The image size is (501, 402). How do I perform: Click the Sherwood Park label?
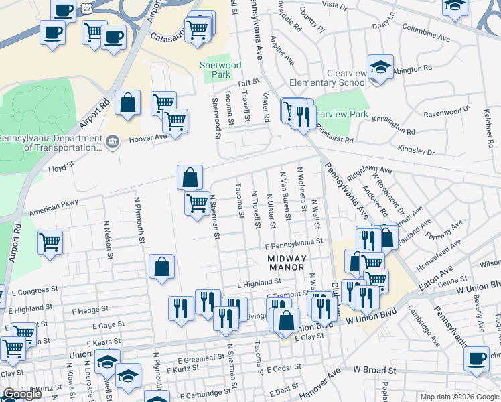point(220,70)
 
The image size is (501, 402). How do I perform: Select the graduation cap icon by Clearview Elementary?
point(380,68)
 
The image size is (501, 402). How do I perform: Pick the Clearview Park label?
point(341,114)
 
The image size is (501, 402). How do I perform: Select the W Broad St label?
point(374,369)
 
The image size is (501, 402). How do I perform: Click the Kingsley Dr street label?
point(417,149)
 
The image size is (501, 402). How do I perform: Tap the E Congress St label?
point(35,292)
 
